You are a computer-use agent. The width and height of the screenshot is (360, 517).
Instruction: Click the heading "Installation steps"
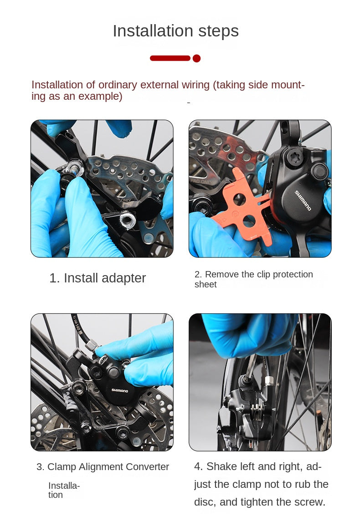click(x=175, y=31)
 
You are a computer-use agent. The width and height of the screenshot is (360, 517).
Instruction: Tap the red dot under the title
click(x=197, y=58)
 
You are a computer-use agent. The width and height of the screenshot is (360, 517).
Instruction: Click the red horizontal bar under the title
click(x=170, y=58)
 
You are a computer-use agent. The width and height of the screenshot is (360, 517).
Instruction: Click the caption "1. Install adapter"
click(x=98, y=278)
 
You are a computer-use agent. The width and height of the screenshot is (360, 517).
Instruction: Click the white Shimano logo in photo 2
click(x=303, y=200)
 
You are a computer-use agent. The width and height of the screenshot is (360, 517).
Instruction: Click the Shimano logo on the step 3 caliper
click(x=119, y=390)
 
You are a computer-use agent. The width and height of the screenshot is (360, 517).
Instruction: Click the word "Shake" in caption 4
click(x=221, y=466)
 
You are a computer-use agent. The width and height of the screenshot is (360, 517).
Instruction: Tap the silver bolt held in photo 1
click(x=75, y=169)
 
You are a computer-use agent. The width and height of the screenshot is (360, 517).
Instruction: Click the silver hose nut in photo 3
click(x=91, y=346)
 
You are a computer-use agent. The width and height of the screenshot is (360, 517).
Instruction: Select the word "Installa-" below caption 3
click(x=64, y=486)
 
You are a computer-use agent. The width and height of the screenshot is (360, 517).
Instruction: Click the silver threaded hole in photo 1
click(x=128, y=220)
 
